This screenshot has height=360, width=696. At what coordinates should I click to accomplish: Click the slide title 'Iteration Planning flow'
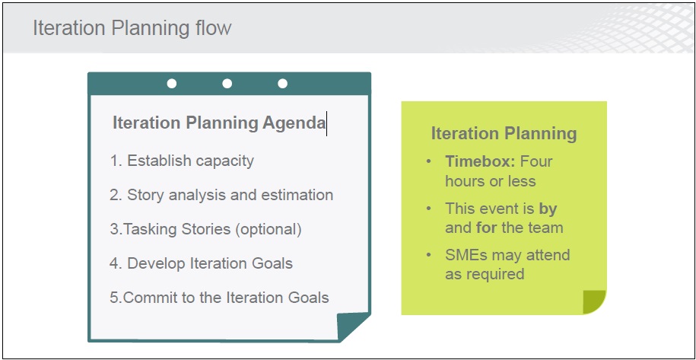[132, 27]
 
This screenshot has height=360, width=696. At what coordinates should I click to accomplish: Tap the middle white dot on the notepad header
[227, 84]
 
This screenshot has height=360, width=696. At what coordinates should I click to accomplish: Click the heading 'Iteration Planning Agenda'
[219, 123]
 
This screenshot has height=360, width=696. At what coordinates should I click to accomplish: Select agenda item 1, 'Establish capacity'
[182, 161]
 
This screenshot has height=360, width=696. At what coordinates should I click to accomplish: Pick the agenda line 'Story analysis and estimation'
[221, 195]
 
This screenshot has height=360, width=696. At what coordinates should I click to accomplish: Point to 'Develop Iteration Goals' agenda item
[201, 263]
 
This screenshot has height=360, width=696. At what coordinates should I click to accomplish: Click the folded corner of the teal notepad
[351, 327]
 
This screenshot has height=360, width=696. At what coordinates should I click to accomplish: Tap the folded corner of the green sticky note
[594, 302]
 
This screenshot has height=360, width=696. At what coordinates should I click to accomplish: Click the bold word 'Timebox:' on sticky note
[480, 161]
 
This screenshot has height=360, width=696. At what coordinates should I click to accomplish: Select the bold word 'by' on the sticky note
[548, 209]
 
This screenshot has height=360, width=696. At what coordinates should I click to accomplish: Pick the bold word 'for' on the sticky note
[487, 228]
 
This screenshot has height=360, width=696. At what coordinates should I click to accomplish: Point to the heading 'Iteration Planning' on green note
[504, 134]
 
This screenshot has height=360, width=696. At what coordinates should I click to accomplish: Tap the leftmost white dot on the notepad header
[172, 84]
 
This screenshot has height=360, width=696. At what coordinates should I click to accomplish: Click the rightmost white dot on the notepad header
[282, 84]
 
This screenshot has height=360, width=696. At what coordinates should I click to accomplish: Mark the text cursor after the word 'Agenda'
[326, 123]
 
